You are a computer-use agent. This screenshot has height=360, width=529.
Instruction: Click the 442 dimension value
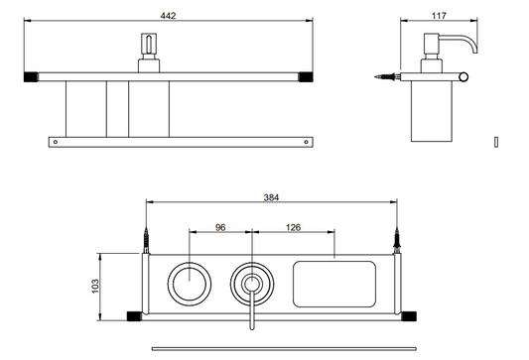pos(168,16)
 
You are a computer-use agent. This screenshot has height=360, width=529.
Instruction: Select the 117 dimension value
pos(439,16)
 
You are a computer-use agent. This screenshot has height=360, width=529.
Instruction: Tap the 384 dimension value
pos(271,197)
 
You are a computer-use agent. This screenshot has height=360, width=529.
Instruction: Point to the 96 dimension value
pos(220,227)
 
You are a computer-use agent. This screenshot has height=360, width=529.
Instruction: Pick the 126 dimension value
pos(293,227)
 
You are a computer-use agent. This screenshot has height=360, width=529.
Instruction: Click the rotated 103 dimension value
pos(95,286)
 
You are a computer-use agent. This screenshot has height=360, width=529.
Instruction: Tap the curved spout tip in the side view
pos(475,51)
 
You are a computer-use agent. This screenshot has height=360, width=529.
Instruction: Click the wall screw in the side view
pos(387,76)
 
